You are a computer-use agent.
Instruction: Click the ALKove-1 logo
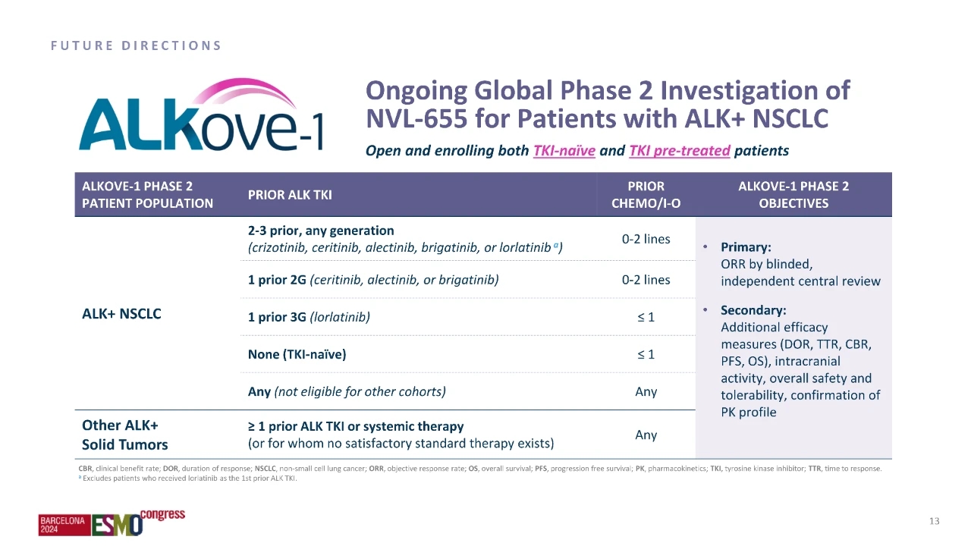tap(201, 115)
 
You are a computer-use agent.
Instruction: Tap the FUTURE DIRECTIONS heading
tap(136, 45)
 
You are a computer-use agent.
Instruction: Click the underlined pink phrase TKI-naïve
tap(564, 150)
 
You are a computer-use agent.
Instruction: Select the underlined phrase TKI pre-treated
tap(679, 150)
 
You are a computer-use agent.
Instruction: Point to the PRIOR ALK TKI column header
tap(290, 195)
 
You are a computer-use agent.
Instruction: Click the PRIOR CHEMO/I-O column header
tap(646, 195)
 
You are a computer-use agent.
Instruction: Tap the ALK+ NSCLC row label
tap(121, 313)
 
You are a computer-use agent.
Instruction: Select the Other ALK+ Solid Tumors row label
tap(125, 435)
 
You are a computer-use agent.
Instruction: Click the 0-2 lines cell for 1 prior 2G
tap(646, 280)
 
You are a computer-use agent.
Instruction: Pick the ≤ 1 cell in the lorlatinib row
tap(646, 317)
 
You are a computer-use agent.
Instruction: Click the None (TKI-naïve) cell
tap(297, 354)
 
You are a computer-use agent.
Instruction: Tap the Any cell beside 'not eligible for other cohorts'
tap(646, 391)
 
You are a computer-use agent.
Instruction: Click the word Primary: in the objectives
tap(746, 247)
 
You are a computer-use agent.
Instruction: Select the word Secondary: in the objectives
tap(753, 310)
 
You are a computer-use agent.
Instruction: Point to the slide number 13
tap(934, 521)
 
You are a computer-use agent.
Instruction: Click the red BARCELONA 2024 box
tap(64, 525)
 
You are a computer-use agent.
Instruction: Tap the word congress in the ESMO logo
tap(162, 515)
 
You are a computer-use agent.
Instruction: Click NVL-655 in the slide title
tap(416, 118)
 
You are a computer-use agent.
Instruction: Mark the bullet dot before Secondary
tap(705, 309)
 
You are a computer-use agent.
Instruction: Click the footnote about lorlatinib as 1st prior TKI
tap(187, 479)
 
